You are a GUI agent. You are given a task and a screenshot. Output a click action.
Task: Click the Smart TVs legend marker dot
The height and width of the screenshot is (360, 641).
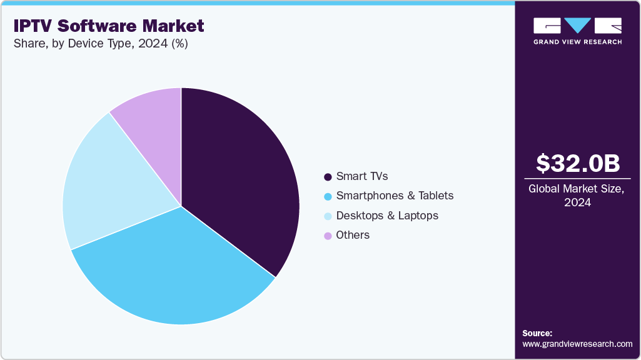328,177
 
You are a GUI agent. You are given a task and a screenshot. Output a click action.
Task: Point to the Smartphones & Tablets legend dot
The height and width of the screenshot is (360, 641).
328,196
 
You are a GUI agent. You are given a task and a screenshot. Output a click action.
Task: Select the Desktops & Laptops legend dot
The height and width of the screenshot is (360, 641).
328,216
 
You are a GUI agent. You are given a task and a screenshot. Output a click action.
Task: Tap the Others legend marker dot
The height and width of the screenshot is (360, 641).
328,236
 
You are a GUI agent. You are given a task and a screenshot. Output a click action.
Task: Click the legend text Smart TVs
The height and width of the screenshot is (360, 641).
361,176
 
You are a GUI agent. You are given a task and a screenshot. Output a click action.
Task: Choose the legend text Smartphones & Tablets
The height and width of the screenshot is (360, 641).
395,196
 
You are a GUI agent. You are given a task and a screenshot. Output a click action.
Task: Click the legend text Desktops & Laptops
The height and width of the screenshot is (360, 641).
387,216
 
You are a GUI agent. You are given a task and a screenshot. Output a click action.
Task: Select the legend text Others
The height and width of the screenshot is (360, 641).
353,235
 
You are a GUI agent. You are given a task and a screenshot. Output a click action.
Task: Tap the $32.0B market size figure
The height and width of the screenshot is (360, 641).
578,163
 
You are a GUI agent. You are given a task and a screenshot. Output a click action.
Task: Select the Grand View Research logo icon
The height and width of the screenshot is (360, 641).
577,26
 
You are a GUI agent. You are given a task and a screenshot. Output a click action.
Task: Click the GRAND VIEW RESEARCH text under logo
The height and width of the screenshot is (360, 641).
577,42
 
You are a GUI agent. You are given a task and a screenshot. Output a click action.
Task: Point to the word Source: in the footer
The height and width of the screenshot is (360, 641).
537,333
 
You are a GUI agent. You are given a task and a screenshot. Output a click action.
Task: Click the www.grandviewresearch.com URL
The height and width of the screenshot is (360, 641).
577,344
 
